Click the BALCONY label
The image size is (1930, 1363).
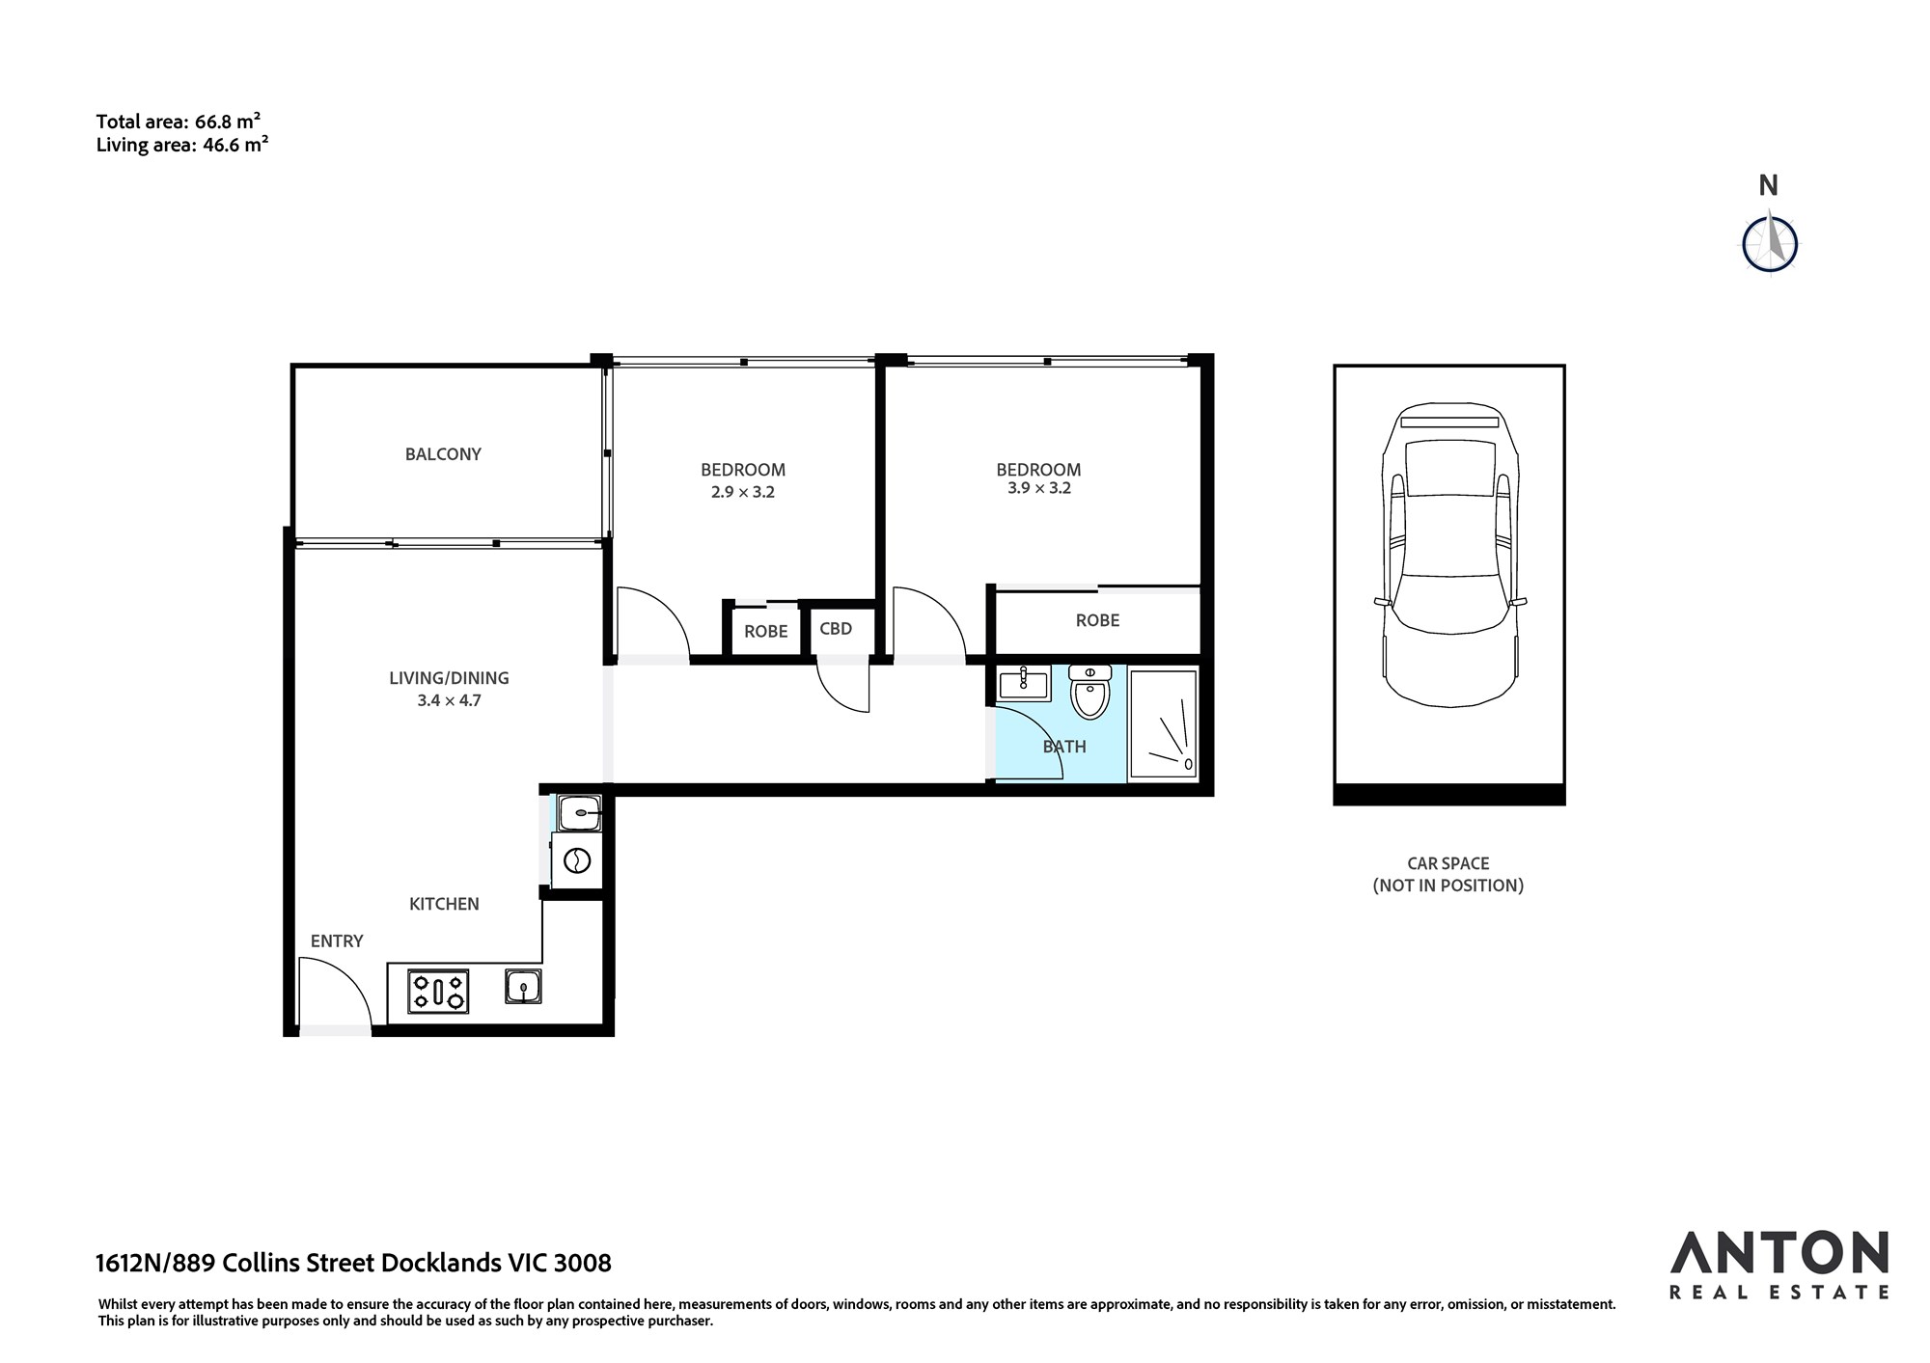tap(443, 454)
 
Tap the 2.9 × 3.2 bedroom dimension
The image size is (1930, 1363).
tap(743, 492)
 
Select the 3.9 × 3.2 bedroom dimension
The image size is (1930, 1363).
tap(1039, 488)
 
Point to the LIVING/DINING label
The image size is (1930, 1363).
tap(449, 678)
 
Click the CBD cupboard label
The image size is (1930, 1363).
tap(836, 629)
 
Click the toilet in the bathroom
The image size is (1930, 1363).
tap(1090, 692)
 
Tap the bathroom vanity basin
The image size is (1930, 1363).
tap(1024, 684)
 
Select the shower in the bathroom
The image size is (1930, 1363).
tap(1164, 722)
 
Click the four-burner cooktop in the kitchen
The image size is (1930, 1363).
tap(439, 991)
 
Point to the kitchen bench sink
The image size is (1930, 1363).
tap(523, 987)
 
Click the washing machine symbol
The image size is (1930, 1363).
tap(576, 860)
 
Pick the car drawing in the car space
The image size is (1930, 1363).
tap(1448, 555)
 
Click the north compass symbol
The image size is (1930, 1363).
tap(1770, 243)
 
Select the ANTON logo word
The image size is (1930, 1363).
tap(1779, 1253)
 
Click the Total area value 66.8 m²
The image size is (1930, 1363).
tap(228, 122)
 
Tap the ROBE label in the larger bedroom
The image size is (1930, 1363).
tap(1098, 620)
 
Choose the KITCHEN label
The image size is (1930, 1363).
tap(444, 904)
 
